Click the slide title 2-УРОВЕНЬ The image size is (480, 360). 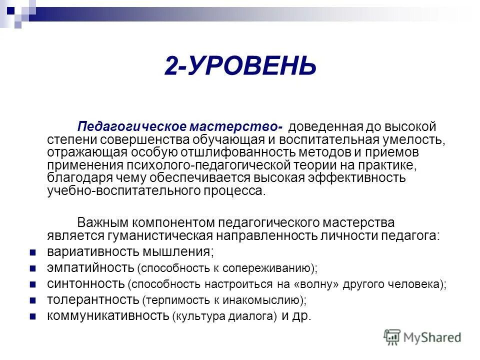click(240, 66)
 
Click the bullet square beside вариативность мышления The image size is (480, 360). click(33, 251)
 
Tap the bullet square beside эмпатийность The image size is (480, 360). click(33, 268)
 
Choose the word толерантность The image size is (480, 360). click(93, 299)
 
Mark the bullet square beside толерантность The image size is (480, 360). click(33, 300)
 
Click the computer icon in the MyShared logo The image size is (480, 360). click(392, 337)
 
